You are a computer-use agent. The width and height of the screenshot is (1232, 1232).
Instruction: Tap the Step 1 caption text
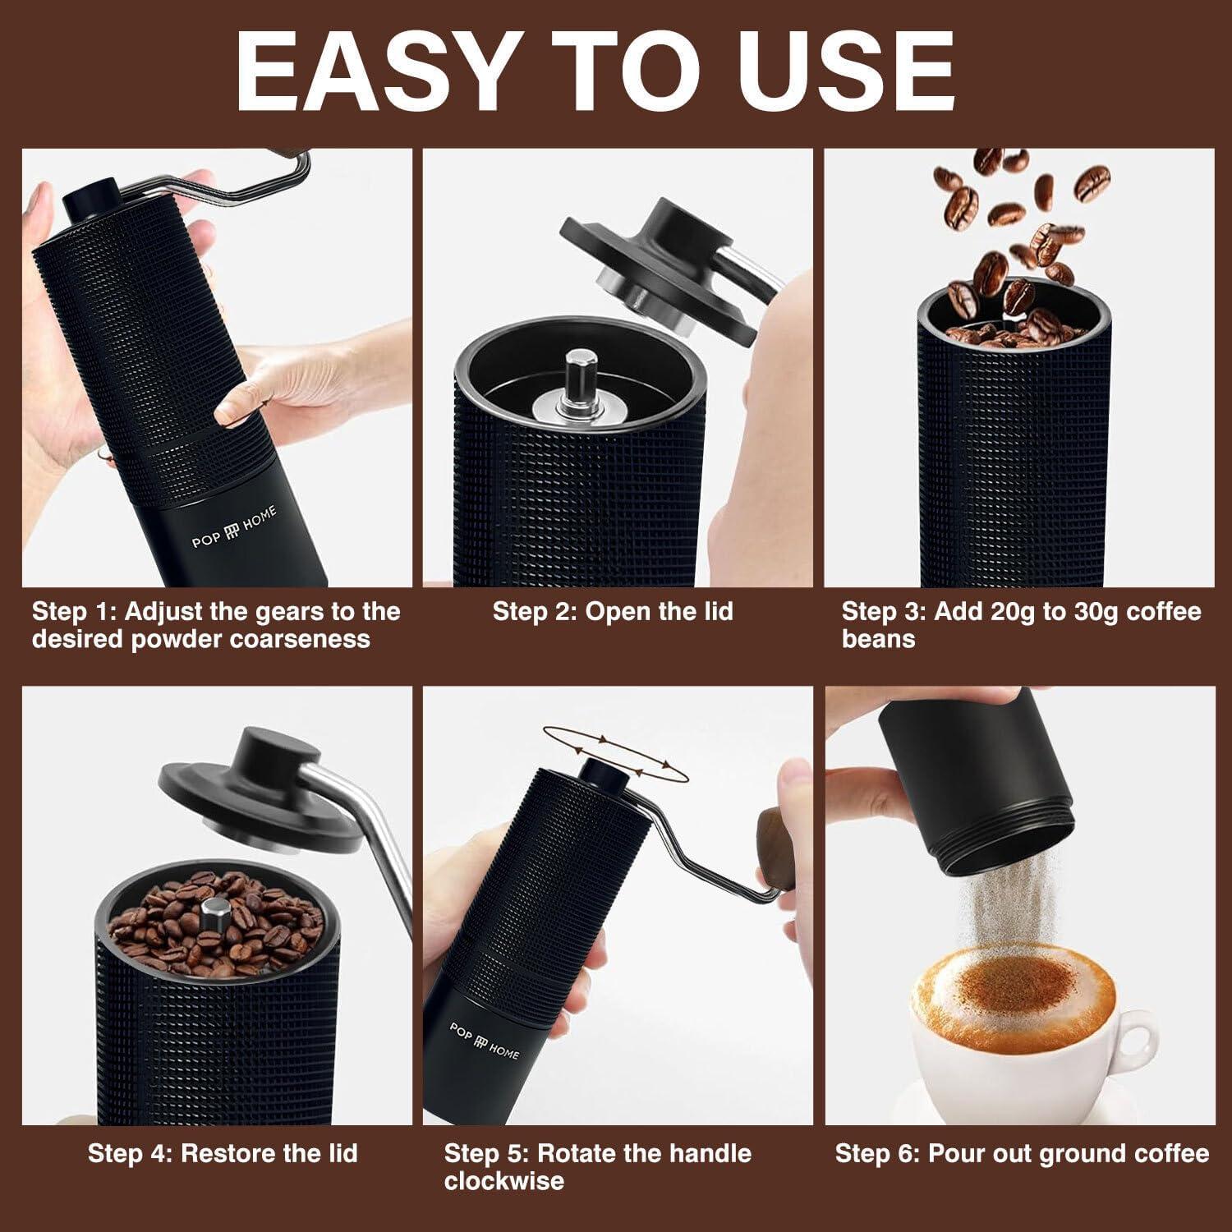[x=215, y=625]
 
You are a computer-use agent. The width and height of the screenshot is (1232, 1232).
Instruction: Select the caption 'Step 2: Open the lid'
[x=613, y=612]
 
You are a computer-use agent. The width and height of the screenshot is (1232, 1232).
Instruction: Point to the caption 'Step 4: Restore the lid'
[x=223, y=1153]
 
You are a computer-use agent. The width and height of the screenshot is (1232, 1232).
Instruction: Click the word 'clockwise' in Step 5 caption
[x=504, y=1181]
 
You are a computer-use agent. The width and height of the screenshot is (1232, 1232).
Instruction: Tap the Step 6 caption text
[x=1022, y=1153]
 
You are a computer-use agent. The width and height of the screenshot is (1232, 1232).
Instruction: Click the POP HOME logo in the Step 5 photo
[x=485, y=1040]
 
